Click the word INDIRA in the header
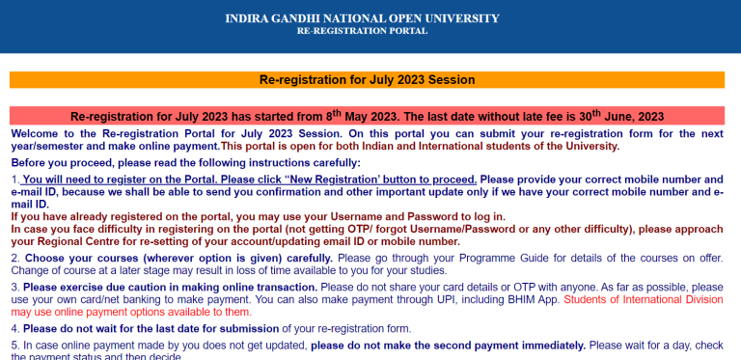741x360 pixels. coord(249,18)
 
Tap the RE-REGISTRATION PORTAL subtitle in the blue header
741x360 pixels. coord(362,32)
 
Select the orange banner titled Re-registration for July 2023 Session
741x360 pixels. coord(367,80)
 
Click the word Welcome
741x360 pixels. coord(38,132)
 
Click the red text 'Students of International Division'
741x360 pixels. coord(643,300)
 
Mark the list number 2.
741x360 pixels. coord(14,258)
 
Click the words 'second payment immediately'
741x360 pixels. coord(510,345)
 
